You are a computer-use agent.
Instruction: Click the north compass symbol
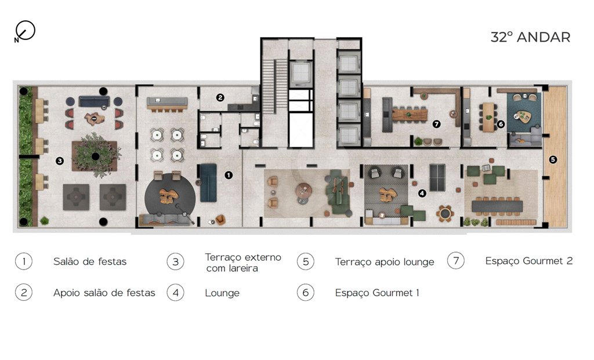click(x=25, y=31)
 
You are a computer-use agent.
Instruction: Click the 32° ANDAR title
click(x=530, y=37)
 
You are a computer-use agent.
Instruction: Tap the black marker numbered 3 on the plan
click(x=60, y=161)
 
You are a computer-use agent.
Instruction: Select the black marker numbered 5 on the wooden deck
click(x=553, y=159)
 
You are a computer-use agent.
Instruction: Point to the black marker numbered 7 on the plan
click(x=436, y=124)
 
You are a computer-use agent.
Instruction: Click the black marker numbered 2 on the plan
click(x=220, y=97)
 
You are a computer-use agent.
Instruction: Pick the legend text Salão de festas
click(x=90, y=261)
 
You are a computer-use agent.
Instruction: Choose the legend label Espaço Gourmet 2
click(x=529, y=261)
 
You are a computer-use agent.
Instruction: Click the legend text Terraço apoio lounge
click(x=385, y=262)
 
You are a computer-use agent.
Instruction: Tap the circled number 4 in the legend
click(x=175, y=293)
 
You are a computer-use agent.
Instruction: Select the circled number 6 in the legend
click(x=306, y=293)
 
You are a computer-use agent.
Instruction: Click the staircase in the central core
click(x=275, y=86)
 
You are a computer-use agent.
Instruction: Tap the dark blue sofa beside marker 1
click(x=208, y=183)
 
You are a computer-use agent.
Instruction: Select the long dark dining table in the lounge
click(x=497, y=206)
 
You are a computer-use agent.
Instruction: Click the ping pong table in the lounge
click(x=437, y=178)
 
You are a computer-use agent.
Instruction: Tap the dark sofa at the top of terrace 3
click(x=95, y=101)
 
